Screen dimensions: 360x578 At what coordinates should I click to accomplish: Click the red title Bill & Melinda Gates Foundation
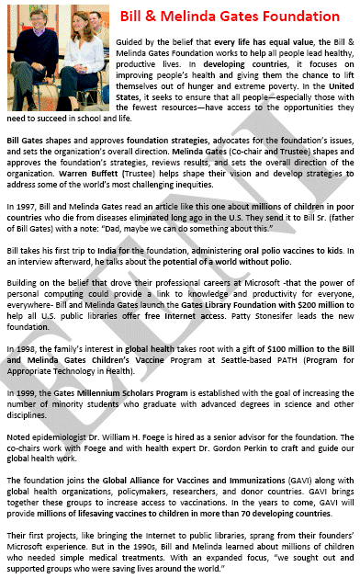(235, 16)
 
